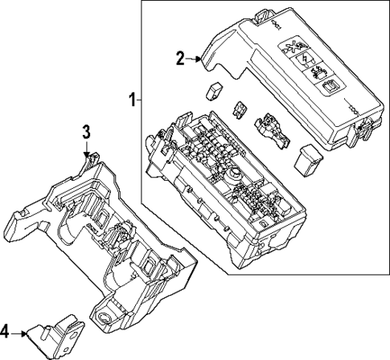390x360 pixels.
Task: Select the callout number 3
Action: point(87,131)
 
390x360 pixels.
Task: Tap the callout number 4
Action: point(6,329)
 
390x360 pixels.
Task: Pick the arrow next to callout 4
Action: point(22,330)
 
